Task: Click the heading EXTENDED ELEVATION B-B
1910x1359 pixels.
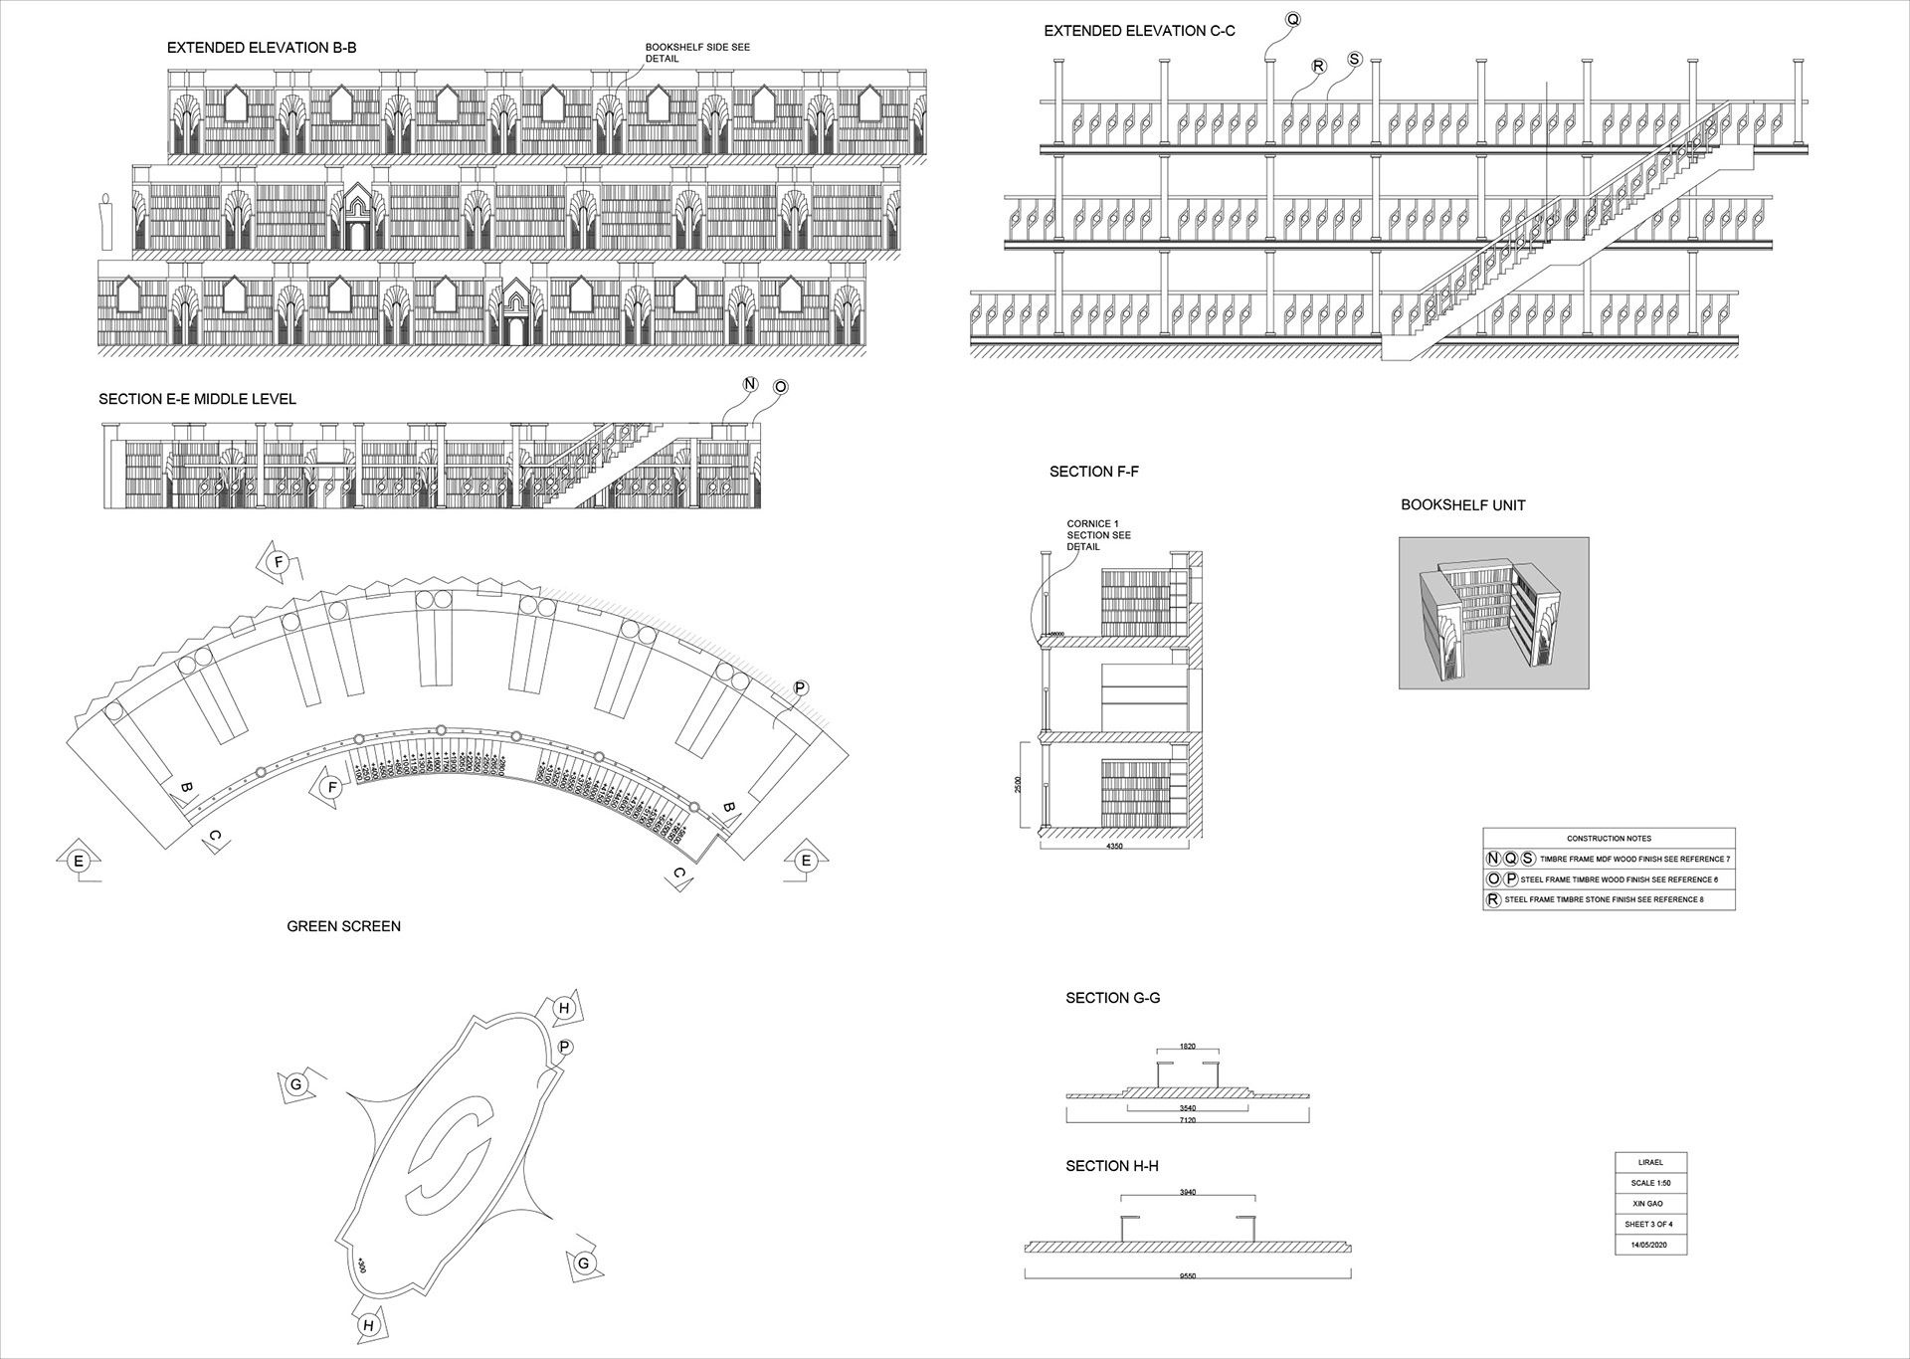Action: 262,48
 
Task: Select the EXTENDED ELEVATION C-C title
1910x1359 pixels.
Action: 1139,32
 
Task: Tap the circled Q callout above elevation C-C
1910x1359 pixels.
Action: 1292,20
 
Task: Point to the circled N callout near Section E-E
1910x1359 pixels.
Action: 751,385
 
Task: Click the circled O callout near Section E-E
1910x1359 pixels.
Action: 780,387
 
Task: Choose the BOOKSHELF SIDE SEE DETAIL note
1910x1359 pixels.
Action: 696,53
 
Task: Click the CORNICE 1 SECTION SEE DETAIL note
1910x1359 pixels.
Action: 1098,535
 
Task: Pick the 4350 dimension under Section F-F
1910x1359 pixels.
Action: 1114,847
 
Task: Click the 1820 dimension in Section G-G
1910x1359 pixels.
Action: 1187,1047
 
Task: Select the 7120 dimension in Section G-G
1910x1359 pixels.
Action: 1187,1120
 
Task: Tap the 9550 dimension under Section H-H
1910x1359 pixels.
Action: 1187,1275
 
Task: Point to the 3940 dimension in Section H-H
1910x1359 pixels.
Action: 1187,1192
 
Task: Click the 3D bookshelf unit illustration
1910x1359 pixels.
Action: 1493,613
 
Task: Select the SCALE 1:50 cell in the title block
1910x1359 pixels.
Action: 1650,1183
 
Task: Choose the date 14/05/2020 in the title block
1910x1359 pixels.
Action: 1650,1245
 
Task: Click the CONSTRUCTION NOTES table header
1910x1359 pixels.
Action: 1609,839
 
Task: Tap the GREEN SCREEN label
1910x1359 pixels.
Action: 343,926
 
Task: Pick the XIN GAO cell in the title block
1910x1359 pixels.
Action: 1650,1204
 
